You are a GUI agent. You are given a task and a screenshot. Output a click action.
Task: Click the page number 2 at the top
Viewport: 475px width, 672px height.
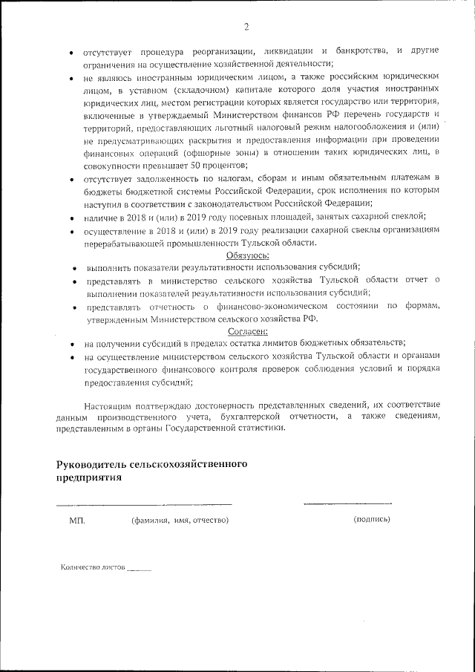pos(246,27)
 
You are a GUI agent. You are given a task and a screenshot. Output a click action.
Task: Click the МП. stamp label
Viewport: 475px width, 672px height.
pos(77,521)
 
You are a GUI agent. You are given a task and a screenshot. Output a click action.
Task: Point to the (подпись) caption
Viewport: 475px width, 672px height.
pos(372,519)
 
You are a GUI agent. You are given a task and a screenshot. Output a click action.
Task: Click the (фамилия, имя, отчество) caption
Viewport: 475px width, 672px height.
pos(180,521)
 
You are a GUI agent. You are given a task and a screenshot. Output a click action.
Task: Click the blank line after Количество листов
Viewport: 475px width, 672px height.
pos(139,570)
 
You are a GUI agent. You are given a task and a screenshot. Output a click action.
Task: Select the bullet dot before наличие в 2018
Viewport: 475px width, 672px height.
pos(71,218)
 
